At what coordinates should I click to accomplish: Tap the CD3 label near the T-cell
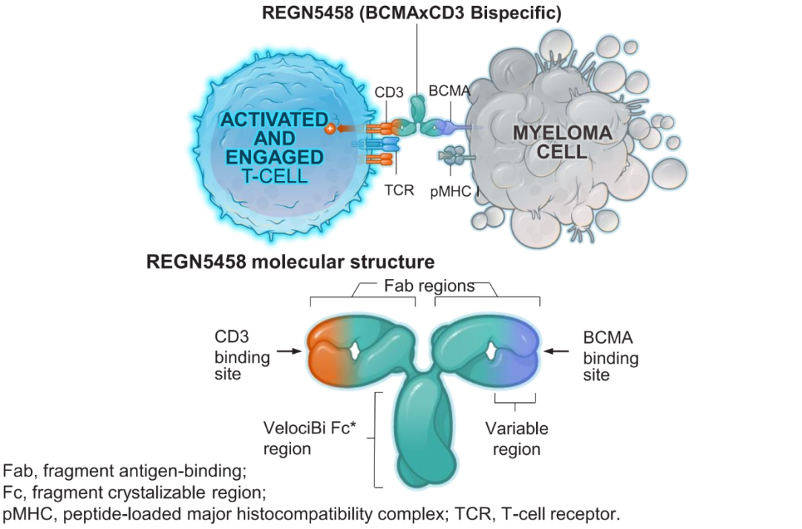pos(389,93)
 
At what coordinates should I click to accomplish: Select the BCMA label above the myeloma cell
pos(449,91)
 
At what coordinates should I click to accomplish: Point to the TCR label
pos(399,189)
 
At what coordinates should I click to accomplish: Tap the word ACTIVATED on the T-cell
pos(273,119)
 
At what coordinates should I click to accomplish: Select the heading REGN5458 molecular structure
pos(290,261)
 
